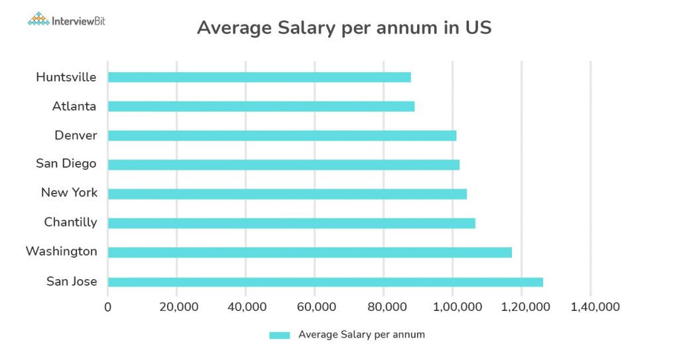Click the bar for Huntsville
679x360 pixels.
[x=259, y=77]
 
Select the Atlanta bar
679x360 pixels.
[x=261, y=106]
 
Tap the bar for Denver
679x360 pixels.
[x=282, y=135]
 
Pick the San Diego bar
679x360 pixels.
[x=284, y=164]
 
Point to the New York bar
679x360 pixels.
[x=287, y=194]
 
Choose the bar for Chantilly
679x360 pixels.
[x=292, y=223]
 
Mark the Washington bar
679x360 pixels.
[x=310, y=252]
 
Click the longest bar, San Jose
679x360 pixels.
[x=326, y=282]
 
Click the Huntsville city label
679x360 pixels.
[x=66, y=77]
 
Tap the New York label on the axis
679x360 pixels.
[x=69, y=193]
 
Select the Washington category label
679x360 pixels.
[x=61, y=251]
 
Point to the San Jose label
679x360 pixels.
[x=72, y=282]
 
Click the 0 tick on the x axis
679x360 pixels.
[x=108, y=307]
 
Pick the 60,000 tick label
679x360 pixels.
[x=315, y=307]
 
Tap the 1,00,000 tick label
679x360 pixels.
[x=453, y=307]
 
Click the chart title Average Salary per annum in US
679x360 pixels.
[x=344, y=29]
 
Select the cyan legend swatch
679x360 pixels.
[x=279, y=335]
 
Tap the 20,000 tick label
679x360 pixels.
[x=177, y=307]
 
